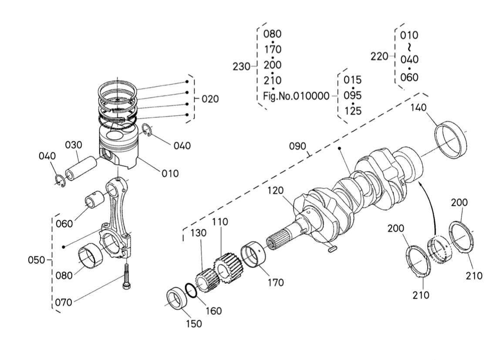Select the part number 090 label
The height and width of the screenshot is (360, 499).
[x=298, y=146]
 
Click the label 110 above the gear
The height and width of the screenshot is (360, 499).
[x=220, y=222]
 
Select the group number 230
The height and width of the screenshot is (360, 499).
[x=242, y=67]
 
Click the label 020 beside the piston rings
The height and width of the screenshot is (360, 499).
[x=209, y=99]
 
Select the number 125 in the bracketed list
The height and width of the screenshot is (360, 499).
[x=352, y=111]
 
